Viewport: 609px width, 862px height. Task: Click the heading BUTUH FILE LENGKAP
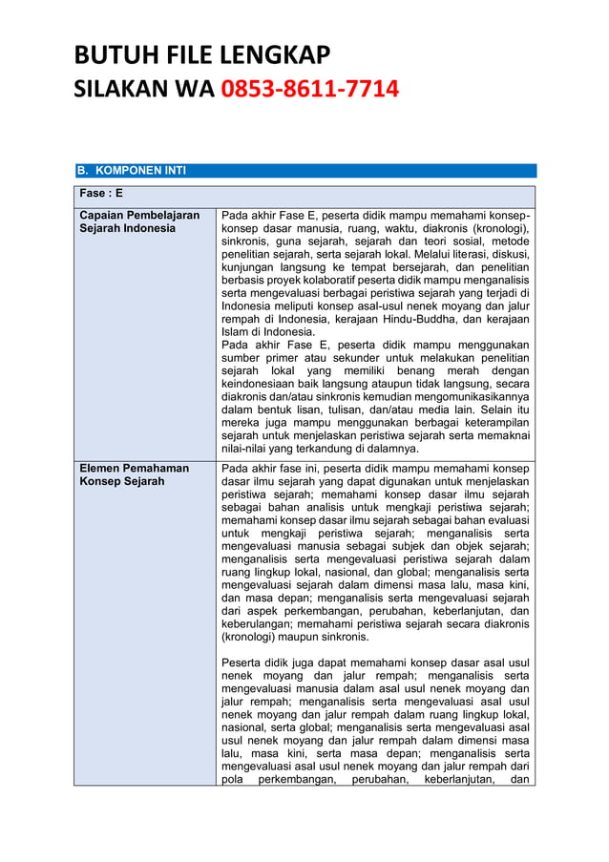[202, 55]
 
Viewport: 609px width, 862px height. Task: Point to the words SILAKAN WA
[145, 91]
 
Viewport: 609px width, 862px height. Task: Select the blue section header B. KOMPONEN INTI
[133, 171]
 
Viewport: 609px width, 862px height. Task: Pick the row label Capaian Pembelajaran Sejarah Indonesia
[139, 221]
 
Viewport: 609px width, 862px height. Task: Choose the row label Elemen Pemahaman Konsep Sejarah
[134, 474]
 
